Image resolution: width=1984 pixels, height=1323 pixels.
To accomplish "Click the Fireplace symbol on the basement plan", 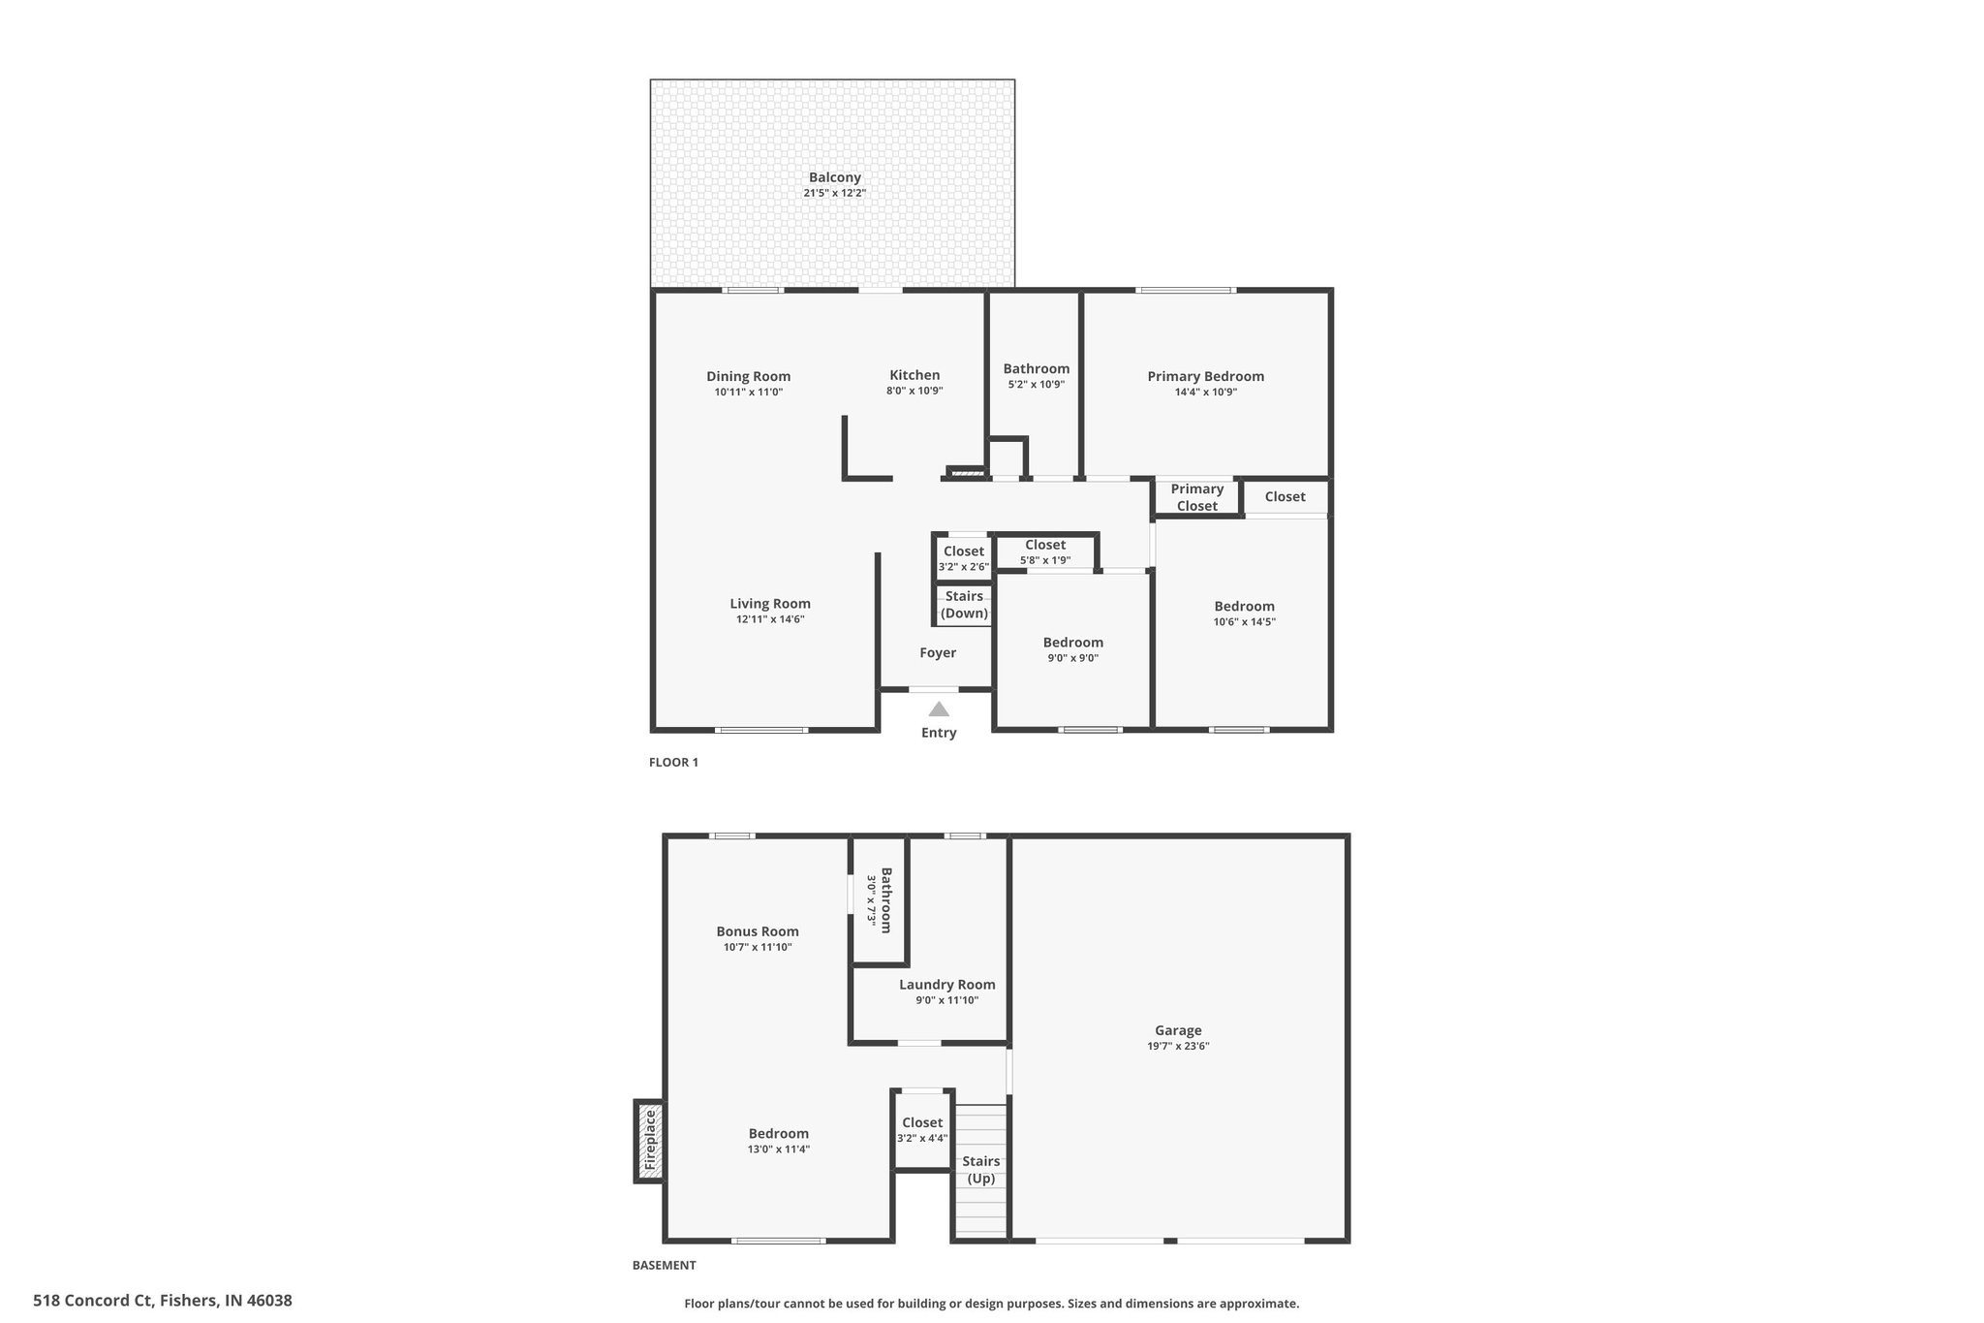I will click(650, 1141).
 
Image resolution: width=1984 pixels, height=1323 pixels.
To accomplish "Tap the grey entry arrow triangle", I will click(939, 709).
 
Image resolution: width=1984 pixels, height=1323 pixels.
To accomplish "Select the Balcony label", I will click(834, 177).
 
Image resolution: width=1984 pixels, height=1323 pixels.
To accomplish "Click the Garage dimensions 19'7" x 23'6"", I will click(1178, 1046).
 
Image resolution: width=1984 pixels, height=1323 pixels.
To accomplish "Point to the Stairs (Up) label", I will click(980, 1170).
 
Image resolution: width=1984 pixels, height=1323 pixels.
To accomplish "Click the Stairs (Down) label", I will click(964, 605).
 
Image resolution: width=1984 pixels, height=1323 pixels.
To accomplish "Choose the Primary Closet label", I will click(1196, 497).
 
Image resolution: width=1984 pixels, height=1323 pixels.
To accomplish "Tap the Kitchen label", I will click(914, 375).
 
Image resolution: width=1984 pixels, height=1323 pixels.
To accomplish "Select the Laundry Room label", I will click(946, 985).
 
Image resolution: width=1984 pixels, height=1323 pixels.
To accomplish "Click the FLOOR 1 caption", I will click(673, 762).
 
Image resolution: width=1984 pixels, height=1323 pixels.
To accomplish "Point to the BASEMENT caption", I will click(664, 1265).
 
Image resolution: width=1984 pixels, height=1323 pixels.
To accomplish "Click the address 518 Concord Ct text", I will click(163, 1301).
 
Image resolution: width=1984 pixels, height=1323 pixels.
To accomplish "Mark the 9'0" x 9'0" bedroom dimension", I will click(1072, 658).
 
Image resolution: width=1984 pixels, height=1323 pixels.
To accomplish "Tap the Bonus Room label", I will click(758, 931).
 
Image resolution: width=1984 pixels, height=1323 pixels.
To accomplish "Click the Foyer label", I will click(938, 653).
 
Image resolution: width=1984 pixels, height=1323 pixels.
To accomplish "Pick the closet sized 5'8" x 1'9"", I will click(1045, 551).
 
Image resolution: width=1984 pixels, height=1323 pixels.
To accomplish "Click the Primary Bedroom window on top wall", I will click(1186, 290).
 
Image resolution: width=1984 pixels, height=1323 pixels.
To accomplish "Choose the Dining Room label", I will click(748, 376).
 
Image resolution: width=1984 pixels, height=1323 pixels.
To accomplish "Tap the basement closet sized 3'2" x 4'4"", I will click(922, 1130).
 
